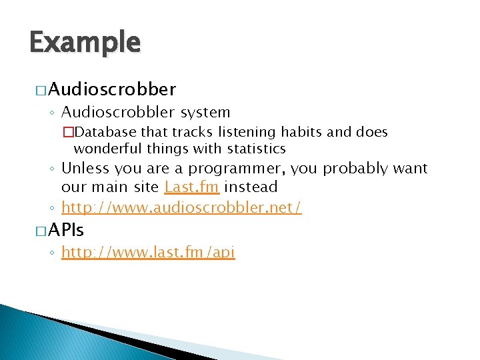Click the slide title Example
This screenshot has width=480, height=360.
coord(85,42)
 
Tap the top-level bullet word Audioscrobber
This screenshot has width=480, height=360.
coord(112,89)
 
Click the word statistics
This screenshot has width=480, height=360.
coord(248,148)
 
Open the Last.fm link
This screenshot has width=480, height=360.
coord(191,187)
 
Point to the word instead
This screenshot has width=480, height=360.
coord(251,187)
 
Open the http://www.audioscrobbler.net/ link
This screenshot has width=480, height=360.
coord(181,207)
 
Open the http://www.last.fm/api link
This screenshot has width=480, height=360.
coord(148,253)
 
